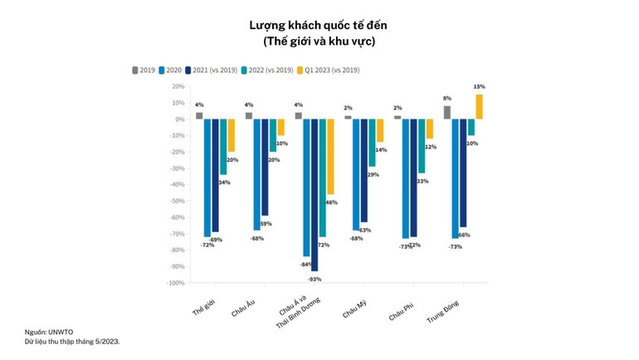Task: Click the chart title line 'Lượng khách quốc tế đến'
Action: pos(319,26)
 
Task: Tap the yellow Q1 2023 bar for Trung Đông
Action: pos(479,107)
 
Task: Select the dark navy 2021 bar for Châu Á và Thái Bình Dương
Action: pos(315,195)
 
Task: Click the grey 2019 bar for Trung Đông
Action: pos(447,113)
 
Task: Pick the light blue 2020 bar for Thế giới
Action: pos(207,178)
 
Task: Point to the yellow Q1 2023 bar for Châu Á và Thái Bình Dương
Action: pos(331,157)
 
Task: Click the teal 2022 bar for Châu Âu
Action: pos(273,135)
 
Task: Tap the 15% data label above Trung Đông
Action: pos(479,86)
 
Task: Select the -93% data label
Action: pos(315,278)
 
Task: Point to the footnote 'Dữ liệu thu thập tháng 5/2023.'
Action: pos(72,340)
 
